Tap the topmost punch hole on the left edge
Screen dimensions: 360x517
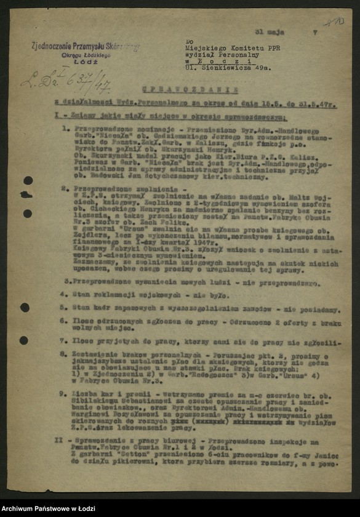(x=28, y=180)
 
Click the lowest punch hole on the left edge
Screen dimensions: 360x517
(x=24, y=340)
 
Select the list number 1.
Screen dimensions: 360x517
(x=66, y=129)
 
